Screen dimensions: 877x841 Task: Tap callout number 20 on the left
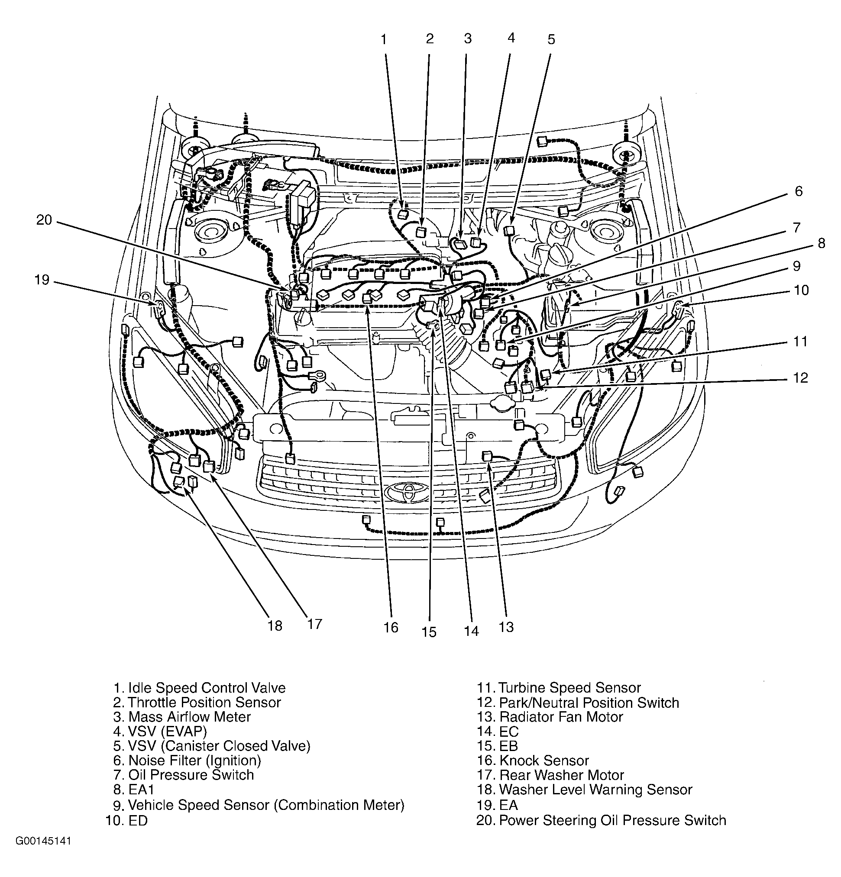coord(44,220)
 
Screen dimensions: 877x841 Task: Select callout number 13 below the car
coord(506,627)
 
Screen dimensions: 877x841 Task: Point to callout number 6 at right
coord(799,191)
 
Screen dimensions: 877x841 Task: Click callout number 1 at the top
coord(383,40)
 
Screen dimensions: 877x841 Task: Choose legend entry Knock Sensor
coord(533,761)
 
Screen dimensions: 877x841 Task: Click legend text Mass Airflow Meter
coord(182,717)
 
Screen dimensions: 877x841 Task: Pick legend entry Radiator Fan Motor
coord(550,717)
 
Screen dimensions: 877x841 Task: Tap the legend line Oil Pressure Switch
coord(184,775)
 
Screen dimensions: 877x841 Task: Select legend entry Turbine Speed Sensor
coord(559,688)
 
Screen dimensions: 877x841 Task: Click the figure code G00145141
coord(43,841)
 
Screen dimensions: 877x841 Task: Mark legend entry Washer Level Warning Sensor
coord(585,790)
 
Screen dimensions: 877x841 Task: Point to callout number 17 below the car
coord(315,624)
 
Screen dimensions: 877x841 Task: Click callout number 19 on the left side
coord(42,280)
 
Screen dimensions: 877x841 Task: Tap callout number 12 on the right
coord(800,377)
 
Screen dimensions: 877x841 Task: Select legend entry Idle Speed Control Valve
coord(200,688)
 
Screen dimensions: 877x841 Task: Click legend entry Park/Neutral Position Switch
coord(578,703)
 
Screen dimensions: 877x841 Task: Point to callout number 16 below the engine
coord(391,627)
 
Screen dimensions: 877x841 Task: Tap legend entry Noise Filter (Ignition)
coord(187,760)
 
